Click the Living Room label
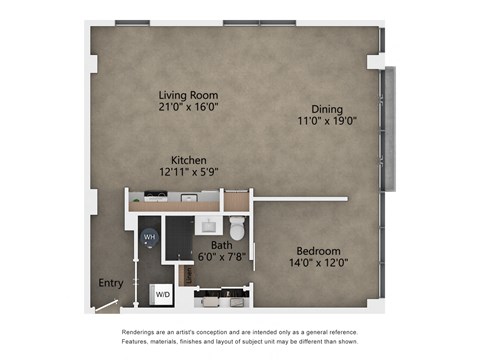click(189, 96)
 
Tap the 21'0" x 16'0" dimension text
click(189, 109)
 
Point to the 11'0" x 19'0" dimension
click(328, 121)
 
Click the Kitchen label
click(188, 160)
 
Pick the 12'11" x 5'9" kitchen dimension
click(188, 172)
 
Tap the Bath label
click(221, 243)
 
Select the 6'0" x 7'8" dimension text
click(221, 256)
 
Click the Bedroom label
click(318, 250)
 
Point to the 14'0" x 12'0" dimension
click(318, 263)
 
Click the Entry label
click(110, 283)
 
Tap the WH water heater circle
click(150, 237)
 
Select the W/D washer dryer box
click(162, 295)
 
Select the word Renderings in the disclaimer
click(142, 332)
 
